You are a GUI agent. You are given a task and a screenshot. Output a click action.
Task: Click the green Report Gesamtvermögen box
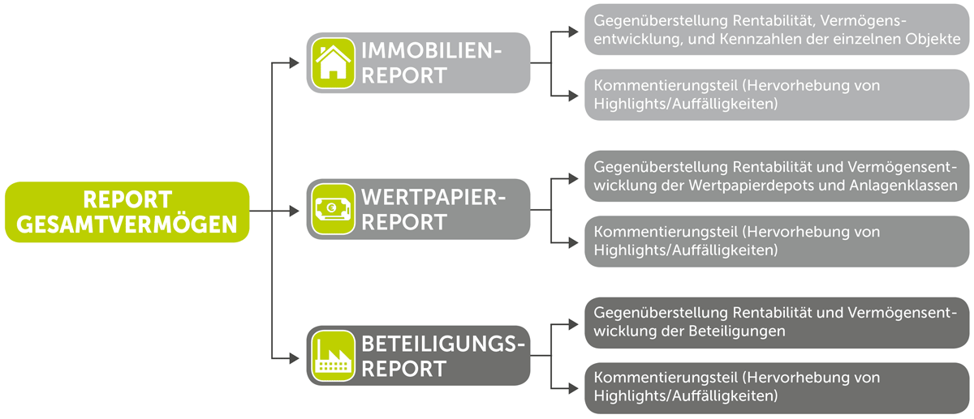[x=127, y=212]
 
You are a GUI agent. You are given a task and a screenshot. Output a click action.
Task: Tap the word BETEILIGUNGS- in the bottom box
[x=443, y=344]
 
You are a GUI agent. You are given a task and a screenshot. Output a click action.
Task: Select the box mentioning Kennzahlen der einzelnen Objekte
[x=777, y=29]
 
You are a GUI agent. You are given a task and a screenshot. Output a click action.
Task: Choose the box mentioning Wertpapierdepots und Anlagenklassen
[x=777, y=176]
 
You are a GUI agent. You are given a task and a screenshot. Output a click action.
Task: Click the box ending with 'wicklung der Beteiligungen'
[x=777, y=323]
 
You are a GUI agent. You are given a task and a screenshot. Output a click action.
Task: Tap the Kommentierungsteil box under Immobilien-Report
[x=777, y=95]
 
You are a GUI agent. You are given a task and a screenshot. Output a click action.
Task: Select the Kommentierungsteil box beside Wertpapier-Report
[x=777, y=242]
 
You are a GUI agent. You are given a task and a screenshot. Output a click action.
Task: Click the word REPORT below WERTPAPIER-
[x=404, y=222]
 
